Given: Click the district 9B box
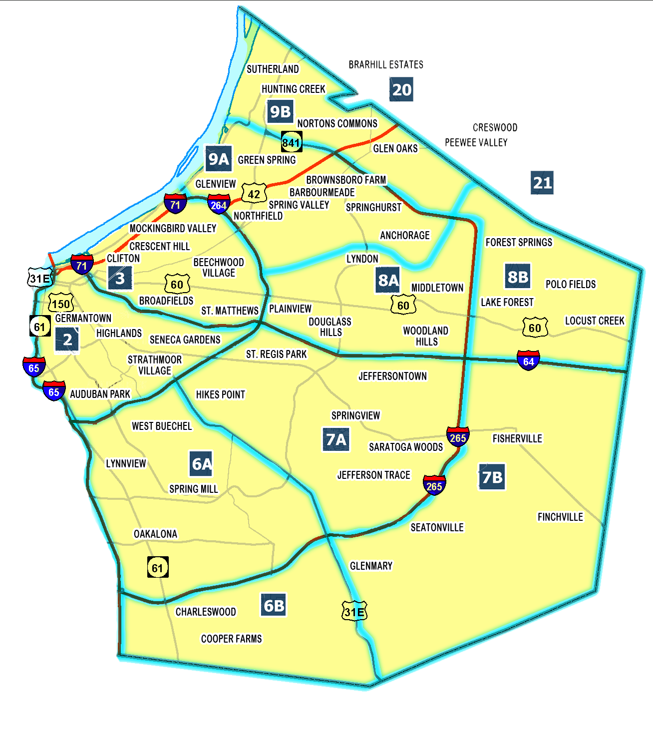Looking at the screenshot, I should click(280, 111).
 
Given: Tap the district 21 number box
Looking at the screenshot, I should click(542, 183).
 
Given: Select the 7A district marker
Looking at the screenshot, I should click(336, 439).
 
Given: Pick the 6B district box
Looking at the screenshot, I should click(274, 606).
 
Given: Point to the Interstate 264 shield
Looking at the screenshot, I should click(219, 204).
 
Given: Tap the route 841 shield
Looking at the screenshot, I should click(291, 142).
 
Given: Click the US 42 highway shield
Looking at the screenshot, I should click(254, 194).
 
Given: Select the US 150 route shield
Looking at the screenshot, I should click(61, 303).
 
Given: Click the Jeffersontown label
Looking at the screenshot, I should click(392, 376).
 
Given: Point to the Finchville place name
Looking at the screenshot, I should click(560, 517).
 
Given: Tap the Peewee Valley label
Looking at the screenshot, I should click(476, 143).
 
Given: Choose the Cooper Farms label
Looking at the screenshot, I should click(231, 639).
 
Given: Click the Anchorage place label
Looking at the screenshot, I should click(404, 235).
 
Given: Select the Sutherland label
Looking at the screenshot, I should click(273, 69).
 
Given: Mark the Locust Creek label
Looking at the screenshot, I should click(595, 321).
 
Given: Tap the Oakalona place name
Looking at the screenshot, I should click(155, 534).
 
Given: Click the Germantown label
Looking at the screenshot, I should click(83, 318).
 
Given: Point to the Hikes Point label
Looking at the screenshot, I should click(220, 394).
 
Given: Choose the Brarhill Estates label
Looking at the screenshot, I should click(386, 64).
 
